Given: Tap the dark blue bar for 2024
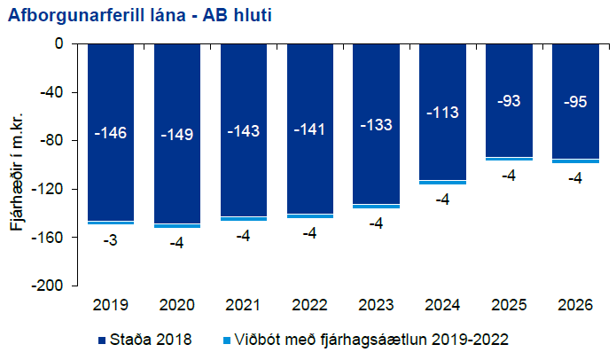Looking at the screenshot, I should pos(443,151).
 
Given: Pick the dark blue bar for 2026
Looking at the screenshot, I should pos(575,133).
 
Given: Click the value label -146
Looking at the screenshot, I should pos(111,134).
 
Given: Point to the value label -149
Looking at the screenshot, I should pos(177,136).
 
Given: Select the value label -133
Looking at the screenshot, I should pos(377,124).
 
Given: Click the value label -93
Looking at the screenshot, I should pos(509,101).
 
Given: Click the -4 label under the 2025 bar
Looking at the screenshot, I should pos(509,176).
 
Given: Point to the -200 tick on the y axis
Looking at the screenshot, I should pos(49,286).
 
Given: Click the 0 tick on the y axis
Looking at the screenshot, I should pos(60,43).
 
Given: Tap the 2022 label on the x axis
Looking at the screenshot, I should pos(310,305).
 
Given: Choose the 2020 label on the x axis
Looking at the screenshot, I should pos(177,305).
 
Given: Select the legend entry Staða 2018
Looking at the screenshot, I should pos(143,340).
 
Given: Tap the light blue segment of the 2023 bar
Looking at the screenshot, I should pos(377,207).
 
